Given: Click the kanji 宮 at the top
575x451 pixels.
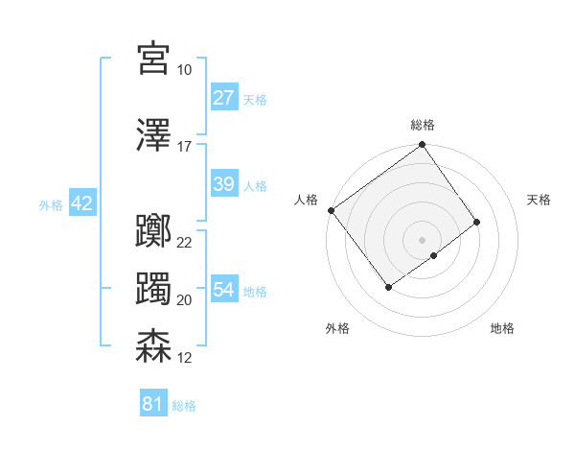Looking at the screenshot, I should pos(153,59).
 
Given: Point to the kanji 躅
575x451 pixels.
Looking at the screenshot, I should pos(153,290).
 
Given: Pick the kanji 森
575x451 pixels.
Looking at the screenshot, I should pos(153,346).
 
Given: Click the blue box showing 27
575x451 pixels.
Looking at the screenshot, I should pos(223,98).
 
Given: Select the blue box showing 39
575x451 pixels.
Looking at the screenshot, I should pos(223,184).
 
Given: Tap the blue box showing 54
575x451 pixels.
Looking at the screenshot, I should pos(223,290).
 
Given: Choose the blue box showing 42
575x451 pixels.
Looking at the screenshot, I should pos(81,203).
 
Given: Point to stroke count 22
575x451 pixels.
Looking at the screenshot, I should pos(185,243).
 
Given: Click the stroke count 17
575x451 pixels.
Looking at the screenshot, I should pos(185,147).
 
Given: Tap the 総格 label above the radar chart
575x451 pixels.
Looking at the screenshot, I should pos(422,125).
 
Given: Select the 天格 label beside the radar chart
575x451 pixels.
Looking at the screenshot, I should pos(539,200).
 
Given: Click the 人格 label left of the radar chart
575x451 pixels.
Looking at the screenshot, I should pos(307,200).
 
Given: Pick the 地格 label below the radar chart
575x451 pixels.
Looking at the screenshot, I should pos(502,328).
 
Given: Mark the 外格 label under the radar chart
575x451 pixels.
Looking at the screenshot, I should pos(337,328).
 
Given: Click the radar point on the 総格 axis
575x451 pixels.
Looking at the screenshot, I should pos(422,146).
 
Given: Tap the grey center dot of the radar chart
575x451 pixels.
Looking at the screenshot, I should pos(422,238).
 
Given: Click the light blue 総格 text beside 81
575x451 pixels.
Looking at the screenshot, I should pos(184,406).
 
